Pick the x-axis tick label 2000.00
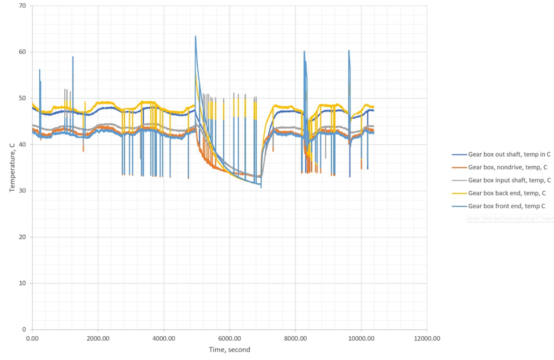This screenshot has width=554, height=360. point(98,338)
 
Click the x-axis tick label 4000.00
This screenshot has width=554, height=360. point(164,338)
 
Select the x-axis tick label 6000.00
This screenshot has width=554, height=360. point(230,338)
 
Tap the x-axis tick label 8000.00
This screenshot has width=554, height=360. point(295,338)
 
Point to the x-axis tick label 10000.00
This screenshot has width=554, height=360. point(361,338)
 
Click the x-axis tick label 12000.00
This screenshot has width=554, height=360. point(427,338)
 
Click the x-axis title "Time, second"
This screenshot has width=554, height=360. point(229,350)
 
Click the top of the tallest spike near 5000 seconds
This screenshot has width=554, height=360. point(195,36)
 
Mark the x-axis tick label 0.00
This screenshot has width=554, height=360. point(32,338)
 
